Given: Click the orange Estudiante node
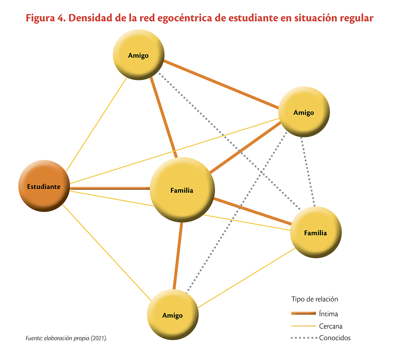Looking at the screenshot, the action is click(44, 186).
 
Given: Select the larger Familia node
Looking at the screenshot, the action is click(182, 190).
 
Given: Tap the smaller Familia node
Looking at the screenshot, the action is click(316, 232).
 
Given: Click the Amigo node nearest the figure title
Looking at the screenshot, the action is click(139, 55).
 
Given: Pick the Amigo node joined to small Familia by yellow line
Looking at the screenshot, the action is click(173, 315).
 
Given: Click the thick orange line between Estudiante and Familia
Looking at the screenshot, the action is click(110, 188).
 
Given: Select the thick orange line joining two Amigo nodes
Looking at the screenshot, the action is click(222, 84).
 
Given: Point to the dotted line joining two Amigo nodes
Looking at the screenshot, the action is click(237, 213).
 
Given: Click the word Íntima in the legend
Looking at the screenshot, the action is click(328, 314).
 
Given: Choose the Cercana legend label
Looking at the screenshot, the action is click(330, 326).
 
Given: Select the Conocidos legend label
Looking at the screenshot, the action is click(335, 338).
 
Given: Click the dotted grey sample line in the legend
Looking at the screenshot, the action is click(304, 338).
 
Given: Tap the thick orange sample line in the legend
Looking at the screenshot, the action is click(303, 313).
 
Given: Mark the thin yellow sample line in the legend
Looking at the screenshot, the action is click(303, 326).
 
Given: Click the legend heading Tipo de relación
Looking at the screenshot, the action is click(315, 299).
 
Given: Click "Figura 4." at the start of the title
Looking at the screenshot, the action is click(46, 18).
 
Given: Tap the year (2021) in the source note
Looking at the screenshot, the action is click(99, 338).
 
